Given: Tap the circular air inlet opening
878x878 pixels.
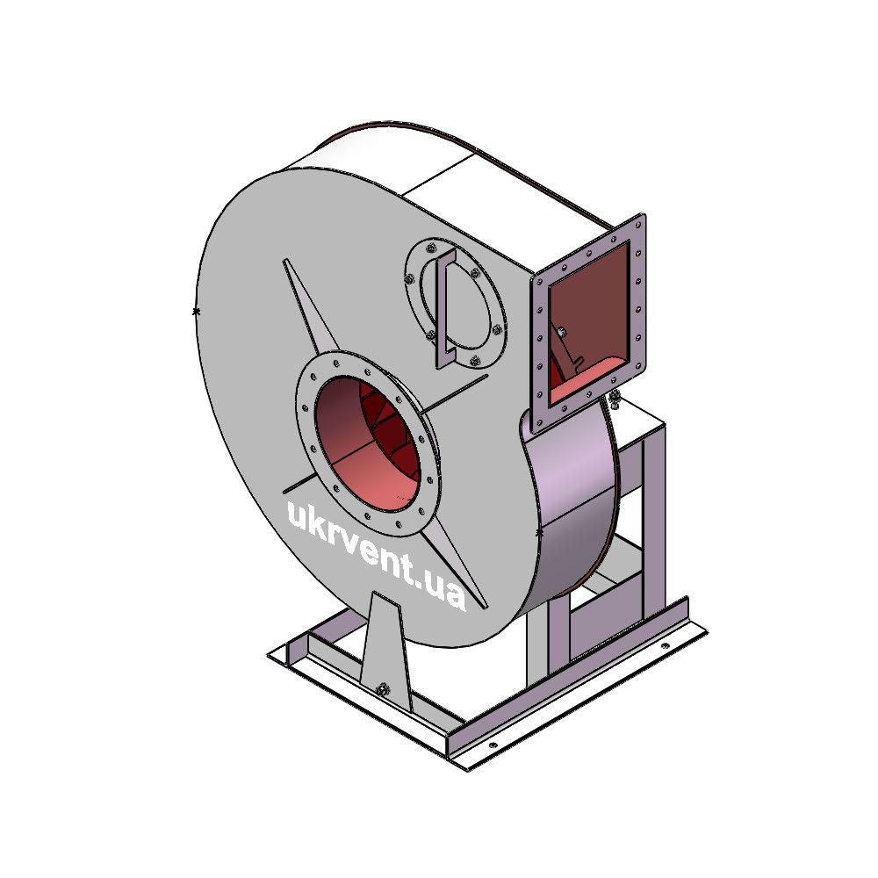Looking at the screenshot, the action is point(367,443).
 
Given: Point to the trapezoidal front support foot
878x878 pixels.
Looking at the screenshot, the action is point(385,652).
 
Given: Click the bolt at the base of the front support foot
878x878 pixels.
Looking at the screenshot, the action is point(383,689).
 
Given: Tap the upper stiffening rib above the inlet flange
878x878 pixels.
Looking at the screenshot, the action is point(310,306).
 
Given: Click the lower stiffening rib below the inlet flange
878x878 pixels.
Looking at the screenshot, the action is point(455,565).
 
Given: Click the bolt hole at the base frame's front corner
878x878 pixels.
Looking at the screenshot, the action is point(493,745).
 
